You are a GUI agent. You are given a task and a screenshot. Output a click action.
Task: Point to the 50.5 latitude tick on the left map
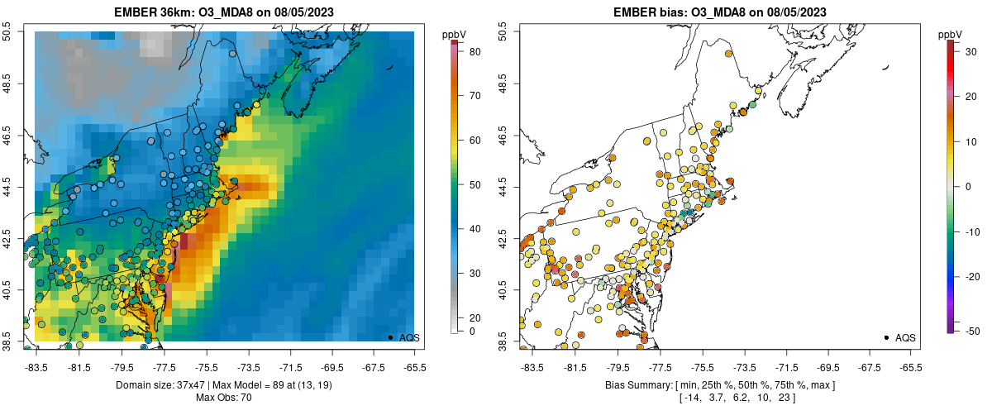tap(7, 32)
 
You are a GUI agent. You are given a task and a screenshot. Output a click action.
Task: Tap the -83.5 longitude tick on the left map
tap(37, 366)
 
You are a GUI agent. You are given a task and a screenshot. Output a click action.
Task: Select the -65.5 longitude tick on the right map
tap(910, 366)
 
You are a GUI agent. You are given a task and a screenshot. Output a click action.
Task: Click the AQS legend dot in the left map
tap(389, 337)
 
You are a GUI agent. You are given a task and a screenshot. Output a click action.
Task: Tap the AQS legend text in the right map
tap(905, 338)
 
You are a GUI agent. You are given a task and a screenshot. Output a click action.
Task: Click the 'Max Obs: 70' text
tap(224, 398)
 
